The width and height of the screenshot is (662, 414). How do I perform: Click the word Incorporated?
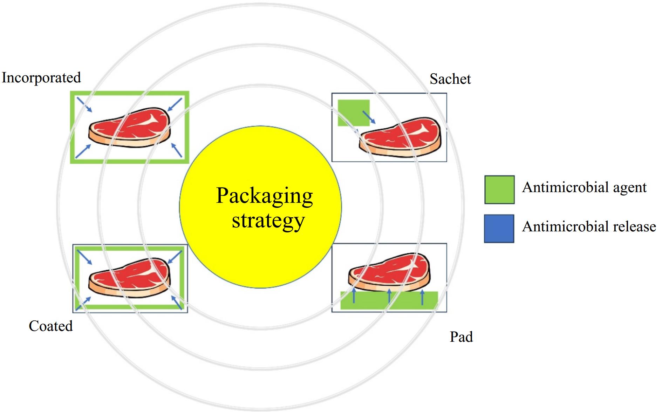point(41,78)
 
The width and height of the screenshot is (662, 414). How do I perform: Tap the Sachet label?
point(450,79)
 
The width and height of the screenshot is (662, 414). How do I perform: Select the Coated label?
point(51,326)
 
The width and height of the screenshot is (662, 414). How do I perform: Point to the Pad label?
point(461,337)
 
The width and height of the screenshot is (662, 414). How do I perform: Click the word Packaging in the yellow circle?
point(265,196)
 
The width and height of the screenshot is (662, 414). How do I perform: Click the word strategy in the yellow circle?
point(268,221)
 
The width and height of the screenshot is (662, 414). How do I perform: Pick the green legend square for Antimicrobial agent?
point(499,190)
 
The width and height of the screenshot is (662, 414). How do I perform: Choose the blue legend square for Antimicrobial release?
point(499,229)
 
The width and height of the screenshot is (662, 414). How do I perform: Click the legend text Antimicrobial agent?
point(584,188)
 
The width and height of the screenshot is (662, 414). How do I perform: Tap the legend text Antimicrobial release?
point(589,227)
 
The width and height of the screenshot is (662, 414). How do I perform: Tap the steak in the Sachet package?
point(400,137)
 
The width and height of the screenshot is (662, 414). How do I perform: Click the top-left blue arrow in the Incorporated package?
point(84,105)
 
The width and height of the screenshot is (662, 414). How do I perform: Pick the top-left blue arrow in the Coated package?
point(84,257)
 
